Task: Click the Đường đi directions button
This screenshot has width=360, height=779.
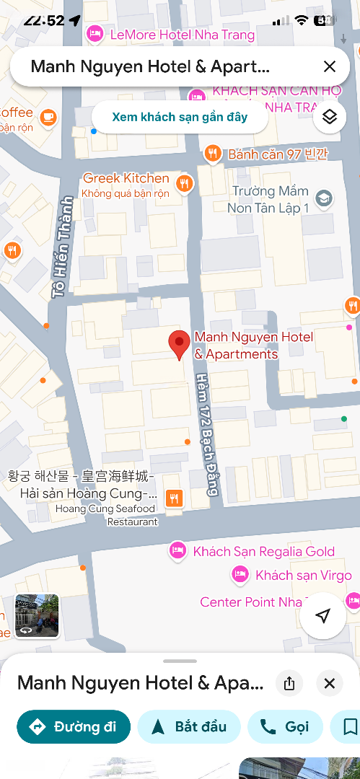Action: (74, 726)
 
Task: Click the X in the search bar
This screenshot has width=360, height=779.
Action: (330, 67)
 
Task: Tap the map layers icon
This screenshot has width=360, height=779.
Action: (330, 117)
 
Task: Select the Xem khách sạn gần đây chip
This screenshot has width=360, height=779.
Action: (180, 117)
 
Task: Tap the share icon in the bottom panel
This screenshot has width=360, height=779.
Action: (289, 683)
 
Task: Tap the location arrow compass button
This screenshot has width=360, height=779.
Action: (323, 615)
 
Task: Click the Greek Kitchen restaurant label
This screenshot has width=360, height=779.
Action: (126, 178)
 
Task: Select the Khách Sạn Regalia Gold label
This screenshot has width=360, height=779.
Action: (263, 552)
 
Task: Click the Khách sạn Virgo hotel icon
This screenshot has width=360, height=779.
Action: (240, 575)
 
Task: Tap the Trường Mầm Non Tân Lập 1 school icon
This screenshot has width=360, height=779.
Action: (324, 198)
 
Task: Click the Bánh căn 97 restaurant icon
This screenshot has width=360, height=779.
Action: (212, 153)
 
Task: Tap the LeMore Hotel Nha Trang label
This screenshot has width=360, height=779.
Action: (182, 35)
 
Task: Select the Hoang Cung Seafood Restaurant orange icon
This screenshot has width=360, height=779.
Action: (174, 498)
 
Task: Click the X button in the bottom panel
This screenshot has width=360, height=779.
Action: (330, 683)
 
